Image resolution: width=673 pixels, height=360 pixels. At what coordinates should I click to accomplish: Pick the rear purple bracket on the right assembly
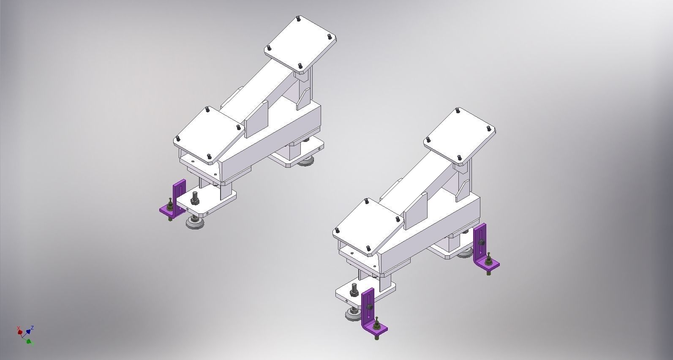pyautogui.click(x=481, y=249)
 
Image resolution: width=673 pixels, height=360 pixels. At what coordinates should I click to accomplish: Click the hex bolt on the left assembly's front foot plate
pyautogui.click(x=195, y=197)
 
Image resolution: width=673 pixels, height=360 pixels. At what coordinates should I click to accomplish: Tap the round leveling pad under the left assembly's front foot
pyautogui.click(x=195, y=223)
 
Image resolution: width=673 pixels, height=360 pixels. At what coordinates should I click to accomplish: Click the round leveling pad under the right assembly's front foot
pyautogui.click(x=352, y=315)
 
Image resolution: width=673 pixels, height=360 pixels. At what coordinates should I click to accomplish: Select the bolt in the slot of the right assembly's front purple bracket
pyautogui.click(x=369, y=307)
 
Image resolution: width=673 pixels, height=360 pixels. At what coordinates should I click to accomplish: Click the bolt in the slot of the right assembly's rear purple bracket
pyautogui.click(x=481, y=242)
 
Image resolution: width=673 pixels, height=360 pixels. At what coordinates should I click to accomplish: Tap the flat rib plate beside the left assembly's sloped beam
pyautogui.click(x=256, y=119)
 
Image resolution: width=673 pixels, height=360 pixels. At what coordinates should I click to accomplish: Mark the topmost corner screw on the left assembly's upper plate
pyautogui.click(x=299, y=19)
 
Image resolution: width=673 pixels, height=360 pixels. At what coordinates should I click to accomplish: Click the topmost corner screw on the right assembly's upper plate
pyautogui.click(x=458, y=111)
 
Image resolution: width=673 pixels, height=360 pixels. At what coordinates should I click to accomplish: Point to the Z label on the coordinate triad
pyautogui.click(x=33, y=327)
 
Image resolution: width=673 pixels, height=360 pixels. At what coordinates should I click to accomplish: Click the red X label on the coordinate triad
pyautogui.click(x=19, y=328)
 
